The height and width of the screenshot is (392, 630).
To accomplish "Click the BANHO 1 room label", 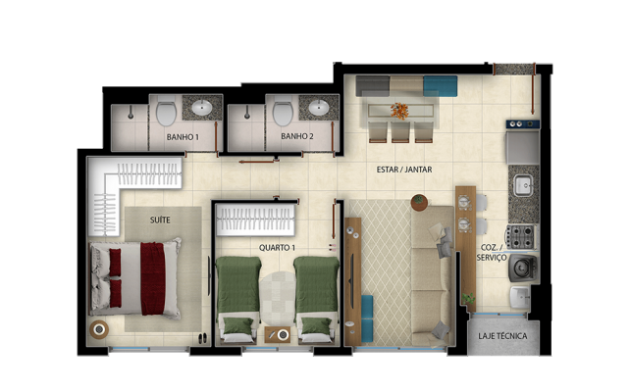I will point(184,137).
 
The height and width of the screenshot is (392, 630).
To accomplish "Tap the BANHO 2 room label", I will point(296,137).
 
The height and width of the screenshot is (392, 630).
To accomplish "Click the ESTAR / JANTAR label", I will point(408,169).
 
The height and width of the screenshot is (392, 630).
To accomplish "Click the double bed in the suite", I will point(136,277).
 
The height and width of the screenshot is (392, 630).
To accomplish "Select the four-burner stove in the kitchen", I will point(521,235).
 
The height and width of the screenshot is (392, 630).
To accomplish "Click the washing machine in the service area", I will point(521,268).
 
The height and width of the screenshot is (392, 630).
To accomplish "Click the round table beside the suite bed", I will point(99,329).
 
